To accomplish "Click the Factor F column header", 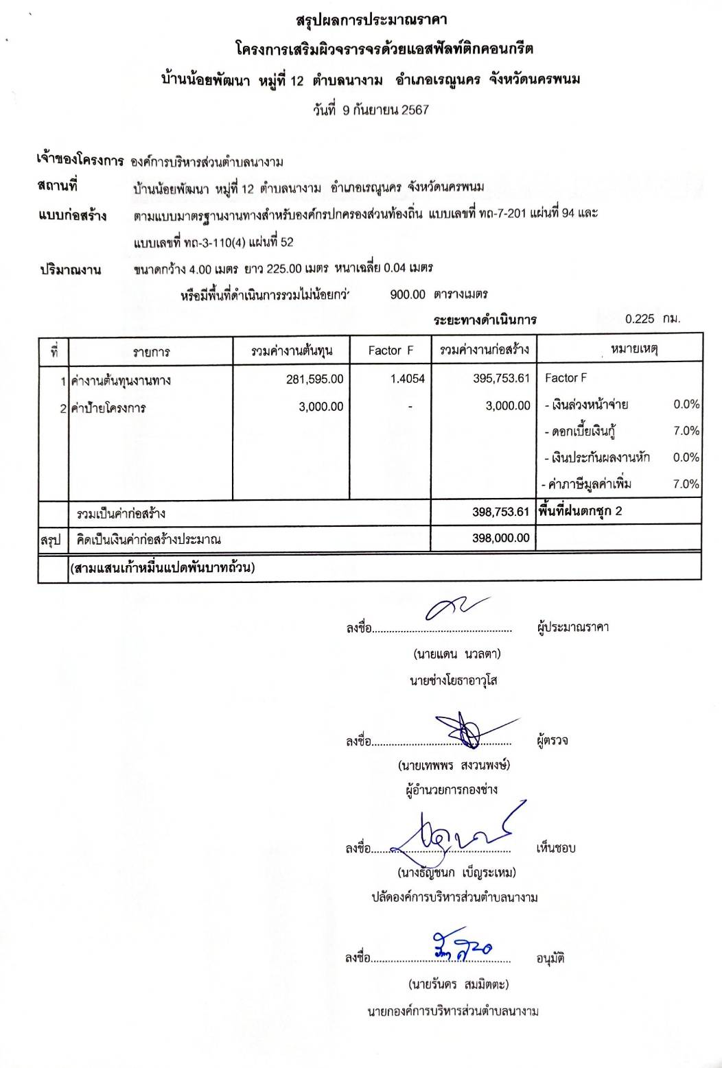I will tap(391, 351).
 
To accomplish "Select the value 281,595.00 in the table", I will tap(315, 379).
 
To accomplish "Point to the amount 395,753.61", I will tap(501, 379).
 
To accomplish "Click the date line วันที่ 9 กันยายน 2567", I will tap(371, 110).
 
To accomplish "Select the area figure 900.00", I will tap(408, 294).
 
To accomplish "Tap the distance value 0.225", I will tap(640, 319).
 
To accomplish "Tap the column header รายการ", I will tap(151, 352).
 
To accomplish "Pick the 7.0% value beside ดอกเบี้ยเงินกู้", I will tap(686, 431).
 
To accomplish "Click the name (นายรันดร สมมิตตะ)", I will tap(458, 985).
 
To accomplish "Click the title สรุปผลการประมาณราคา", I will tap(371, 21).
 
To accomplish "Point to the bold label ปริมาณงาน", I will tap(69, 270).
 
